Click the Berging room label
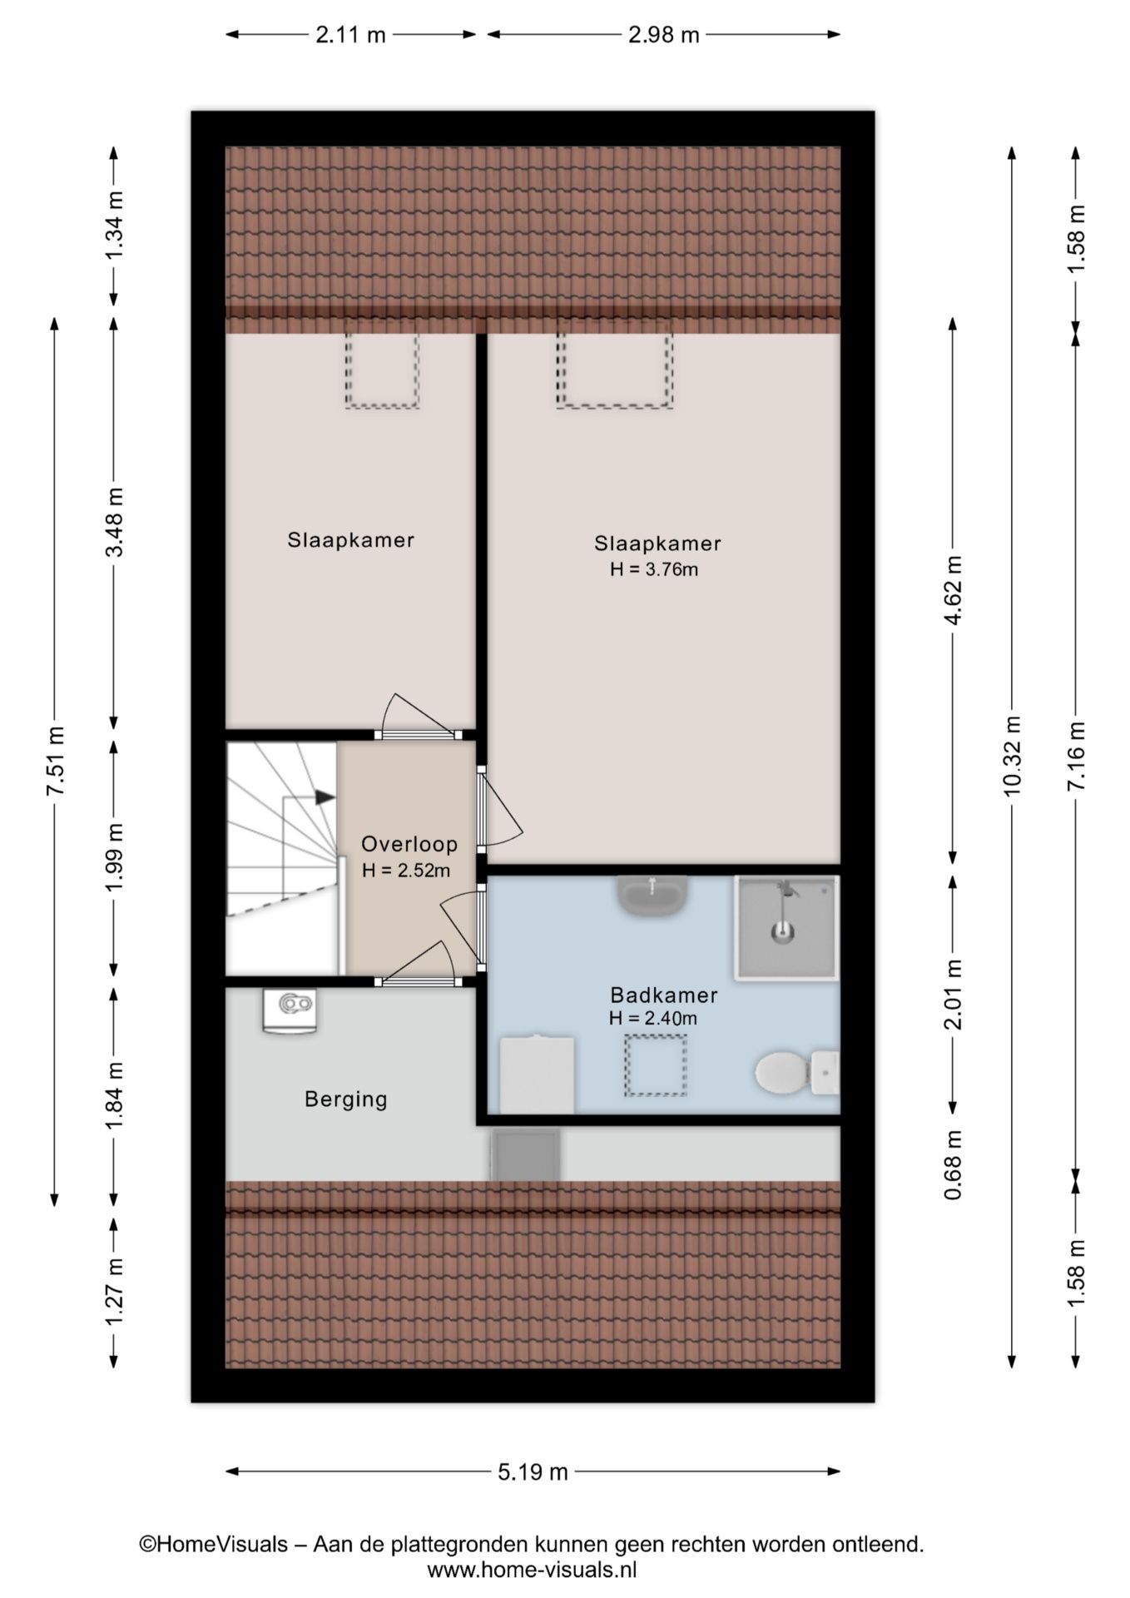pos(346,1099)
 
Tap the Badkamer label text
pos(663,995)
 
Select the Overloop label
pos(409,844)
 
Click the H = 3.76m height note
pos(654,569)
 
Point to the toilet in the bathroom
pos(796,1072)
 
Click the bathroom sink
pos(652,896)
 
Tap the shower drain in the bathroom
pos(781,932)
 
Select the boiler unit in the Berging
pos(290,1010)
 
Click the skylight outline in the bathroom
pos(657,1065)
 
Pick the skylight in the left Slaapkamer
pos(382,370)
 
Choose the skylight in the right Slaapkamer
pos(615,370)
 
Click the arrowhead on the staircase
pos(325,797)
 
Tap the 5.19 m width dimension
pos(533,1472)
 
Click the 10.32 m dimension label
pos(1012,757)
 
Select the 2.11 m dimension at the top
pos(350,35)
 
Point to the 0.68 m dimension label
pos(954,1164)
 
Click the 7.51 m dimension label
pos(55,762)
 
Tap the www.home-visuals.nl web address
pos(532,1571)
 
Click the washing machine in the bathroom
pos(537,1074)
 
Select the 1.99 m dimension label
pos(114,857)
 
